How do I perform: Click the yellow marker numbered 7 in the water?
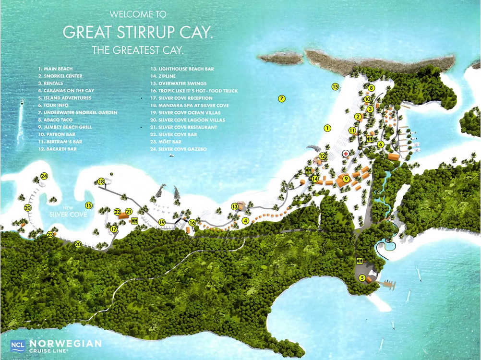(282, 99)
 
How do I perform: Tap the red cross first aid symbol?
(345, 154)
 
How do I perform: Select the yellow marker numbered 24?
(44, 176)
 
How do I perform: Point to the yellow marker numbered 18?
(101, 181)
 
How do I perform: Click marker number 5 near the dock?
(362, 277)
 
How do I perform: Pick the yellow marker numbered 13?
(235, 206)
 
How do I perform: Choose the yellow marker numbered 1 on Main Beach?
(327, 128)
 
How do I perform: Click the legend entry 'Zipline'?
(163, 76)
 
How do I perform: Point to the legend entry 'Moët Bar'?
(166, 142)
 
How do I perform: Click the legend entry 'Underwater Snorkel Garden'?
(78, 113)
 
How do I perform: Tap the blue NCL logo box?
(17, 346)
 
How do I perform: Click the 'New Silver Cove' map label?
(68, 212)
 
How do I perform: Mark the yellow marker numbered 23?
(50, 235)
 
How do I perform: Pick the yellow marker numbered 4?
(245, 221)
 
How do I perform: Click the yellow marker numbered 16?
(192, 223)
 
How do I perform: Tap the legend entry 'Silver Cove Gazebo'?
(178, 149)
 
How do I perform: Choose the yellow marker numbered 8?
(371, 88)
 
